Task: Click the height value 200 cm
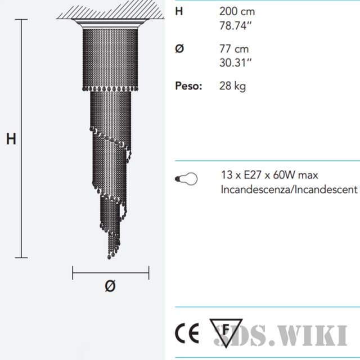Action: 237,11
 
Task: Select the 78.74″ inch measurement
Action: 236,25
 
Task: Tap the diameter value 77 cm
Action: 234,49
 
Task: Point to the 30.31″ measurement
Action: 236,62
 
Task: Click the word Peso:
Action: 188,86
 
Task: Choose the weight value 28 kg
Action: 232,87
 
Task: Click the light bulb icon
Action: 186,179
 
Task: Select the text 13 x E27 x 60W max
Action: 269,175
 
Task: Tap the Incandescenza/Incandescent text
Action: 289,190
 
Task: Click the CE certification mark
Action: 187,332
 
